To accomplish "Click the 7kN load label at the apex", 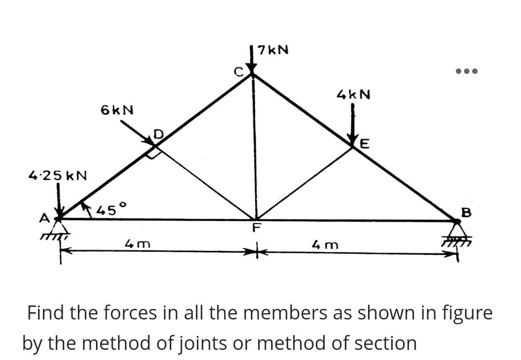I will pyautogui.click(x=273, y=50).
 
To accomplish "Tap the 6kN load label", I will pyautogui.click(x=117, y=110).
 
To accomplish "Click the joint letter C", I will pyautogui.click(x=237, y=72).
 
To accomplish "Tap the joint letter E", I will pyautogui.click(x=365, y=144).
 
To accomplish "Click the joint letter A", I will pyautogui.click(x=44, y=219).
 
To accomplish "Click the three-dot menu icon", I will pyautogui.click(x=466, y=71).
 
